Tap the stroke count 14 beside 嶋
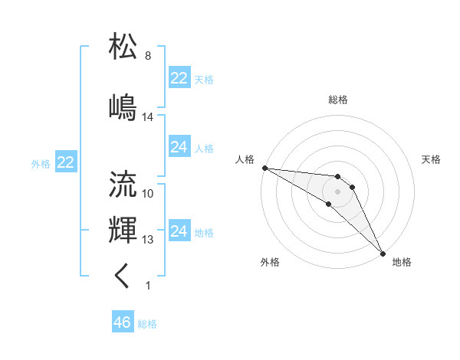pyautogui.click(x=148, y=117)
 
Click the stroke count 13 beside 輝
pyautogui.click(x=148, y=240)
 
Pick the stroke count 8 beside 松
pyautogui.click(x=148, y=57)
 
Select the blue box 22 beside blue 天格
pyautogui.click(x=179, y=78)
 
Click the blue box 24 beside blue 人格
pyautogui.click(x=179, y=147)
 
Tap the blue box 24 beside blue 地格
pyautogui.click(x=179, y=231)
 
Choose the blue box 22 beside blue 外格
pyautogui.click(x=65, y=162)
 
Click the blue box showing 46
pyautogui.click(x=122, y=322)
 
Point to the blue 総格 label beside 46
pyautogui.click(x=147, y=324)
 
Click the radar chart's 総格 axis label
pyautogui.click(x=338, y=100)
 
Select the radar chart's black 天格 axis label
pyautogui.click(x=432, y=159)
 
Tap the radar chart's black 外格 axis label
pyautogui.click(x=270, y=262)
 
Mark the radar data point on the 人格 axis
pyautogui.click(x=264, y=168)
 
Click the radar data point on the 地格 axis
pyautogui.click(x=382, y=253)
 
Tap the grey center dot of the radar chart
pyautogui.click(x=338, y=191)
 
